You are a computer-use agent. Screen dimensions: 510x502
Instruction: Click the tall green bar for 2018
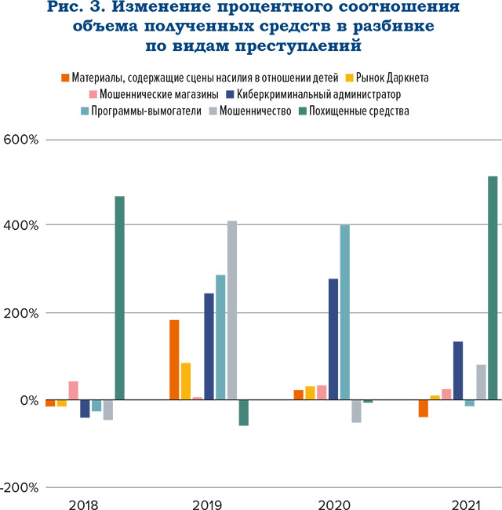[x=119, y=297]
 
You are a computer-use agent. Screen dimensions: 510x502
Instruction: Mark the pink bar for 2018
[x=73, y=390]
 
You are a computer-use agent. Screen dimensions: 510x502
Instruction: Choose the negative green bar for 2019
[x=243, y=413]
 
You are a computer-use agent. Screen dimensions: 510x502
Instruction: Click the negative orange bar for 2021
[x=423, y=408]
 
